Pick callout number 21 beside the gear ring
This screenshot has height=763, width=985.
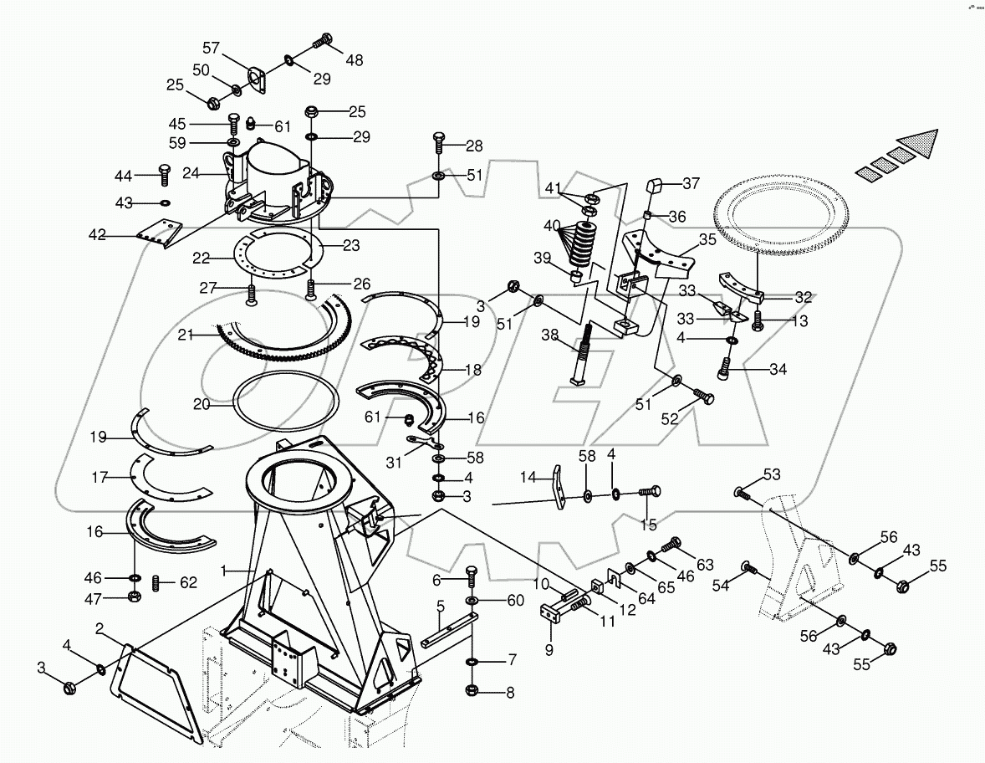[x=186, y=335]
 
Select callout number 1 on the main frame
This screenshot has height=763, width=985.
[x=223, y=570]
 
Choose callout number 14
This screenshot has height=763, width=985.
[x=527, y=476]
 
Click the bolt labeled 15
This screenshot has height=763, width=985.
[x=650, y=494]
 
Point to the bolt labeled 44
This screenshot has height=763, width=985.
[x=163, y=176]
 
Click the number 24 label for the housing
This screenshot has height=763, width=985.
[x=191, y=174]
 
